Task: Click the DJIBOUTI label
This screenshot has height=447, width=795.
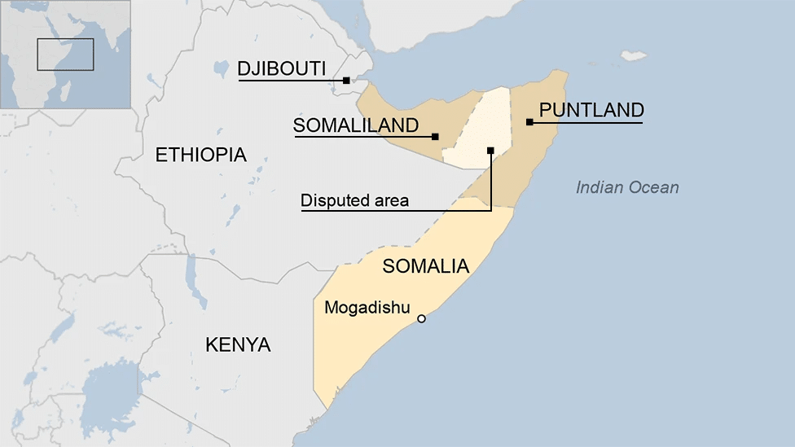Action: [x=281, y=68]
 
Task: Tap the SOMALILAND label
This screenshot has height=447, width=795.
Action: [x=356, y=125]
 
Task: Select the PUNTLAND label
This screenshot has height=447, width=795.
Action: [x=591, y=110]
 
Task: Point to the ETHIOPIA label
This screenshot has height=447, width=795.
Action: [x=200, y=155]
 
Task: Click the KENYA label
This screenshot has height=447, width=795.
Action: [x=238, y=344]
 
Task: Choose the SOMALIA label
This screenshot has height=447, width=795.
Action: [x=425, y=266]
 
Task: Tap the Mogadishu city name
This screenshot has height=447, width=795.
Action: [x=367, y=307]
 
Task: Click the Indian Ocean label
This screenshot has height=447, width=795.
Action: [x=627, y=188]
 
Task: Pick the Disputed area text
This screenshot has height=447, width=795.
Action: [x=354, y=200]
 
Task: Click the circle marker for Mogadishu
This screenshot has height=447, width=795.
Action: [x=421, y=318]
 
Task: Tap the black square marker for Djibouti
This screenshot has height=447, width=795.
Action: [x=346, y=80]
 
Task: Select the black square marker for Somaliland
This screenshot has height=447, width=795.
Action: [x=435, y=137]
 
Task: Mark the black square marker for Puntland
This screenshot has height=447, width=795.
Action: [x=529, y=122]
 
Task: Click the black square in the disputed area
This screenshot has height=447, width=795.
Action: [x=490, y=150]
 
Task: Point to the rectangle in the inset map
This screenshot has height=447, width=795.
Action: [x=65, y=54]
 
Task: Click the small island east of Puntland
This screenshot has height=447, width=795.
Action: [x=634, y=55]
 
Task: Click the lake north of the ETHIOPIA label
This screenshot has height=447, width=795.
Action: [x=220, y=68]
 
